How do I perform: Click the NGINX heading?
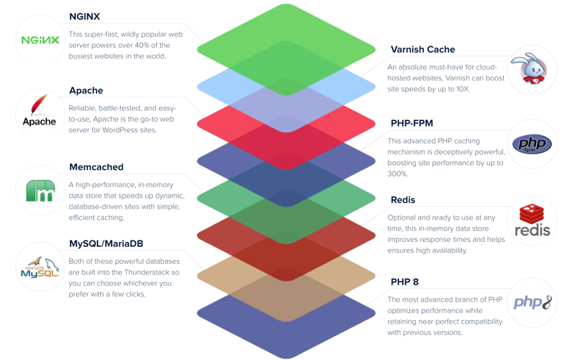click(85, 16)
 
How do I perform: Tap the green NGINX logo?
click(40, 40)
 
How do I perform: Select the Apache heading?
click(86, 90)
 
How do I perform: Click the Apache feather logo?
click(39, 110)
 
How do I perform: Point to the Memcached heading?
click(96, 167)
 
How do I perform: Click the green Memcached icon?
click(41, 190)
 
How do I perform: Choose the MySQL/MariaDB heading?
click(106, 243)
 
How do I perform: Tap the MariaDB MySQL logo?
click(40, 267)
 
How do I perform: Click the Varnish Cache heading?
click(422, 50)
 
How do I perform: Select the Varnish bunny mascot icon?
click(531, 70)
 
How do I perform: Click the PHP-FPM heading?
click(412, 123)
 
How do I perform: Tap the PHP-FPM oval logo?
click(531, 144)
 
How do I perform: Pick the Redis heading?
click(403, 200)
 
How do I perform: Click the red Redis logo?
click(531, 221)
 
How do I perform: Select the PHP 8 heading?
click(404, 282)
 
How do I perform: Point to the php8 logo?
click(532, 302)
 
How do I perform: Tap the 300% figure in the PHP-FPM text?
click(398, 174)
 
